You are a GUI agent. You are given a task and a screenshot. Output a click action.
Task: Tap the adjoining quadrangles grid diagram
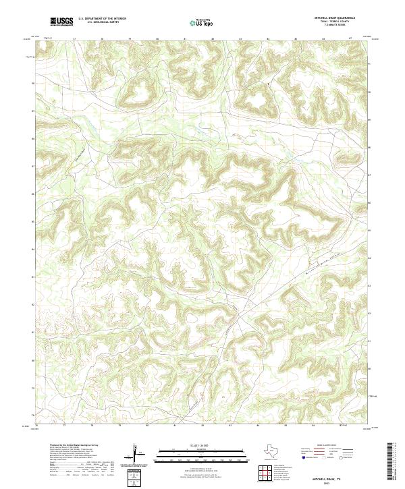[265, 473]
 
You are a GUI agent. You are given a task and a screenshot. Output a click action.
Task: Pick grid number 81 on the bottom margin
[175, 426]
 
